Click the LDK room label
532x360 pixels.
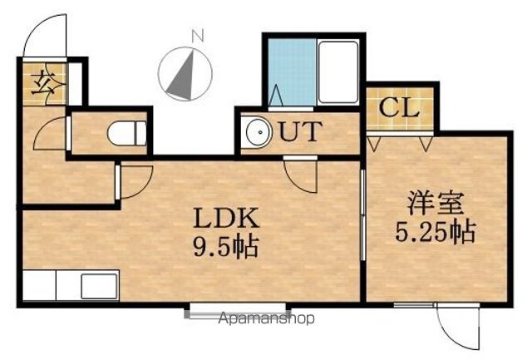coord(226,218)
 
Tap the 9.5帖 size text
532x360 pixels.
coord(226,247)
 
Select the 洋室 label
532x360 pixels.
coord(436,203)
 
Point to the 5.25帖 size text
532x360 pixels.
coord(436,232)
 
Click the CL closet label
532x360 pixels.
coord(399,108)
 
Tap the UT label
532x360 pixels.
coord(300,131)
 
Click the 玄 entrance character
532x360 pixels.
coord(44,82)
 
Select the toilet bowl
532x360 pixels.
coord(126,133)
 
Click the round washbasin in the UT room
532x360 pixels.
coord(259,132)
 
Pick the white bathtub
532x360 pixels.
coord(338,72)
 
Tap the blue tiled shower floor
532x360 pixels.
coord(292,72)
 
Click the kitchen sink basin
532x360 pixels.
coord(99,286)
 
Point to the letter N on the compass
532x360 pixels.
coord(198,36)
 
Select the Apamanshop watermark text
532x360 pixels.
coord(267,318)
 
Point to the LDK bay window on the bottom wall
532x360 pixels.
coord(238,311)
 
